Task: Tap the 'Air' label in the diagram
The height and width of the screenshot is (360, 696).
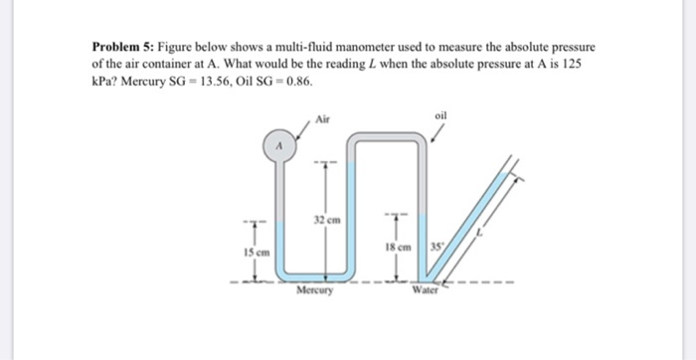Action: (x=322, y=118)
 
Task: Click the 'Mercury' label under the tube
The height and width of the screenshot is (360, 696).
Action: (x=316, y=292)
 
